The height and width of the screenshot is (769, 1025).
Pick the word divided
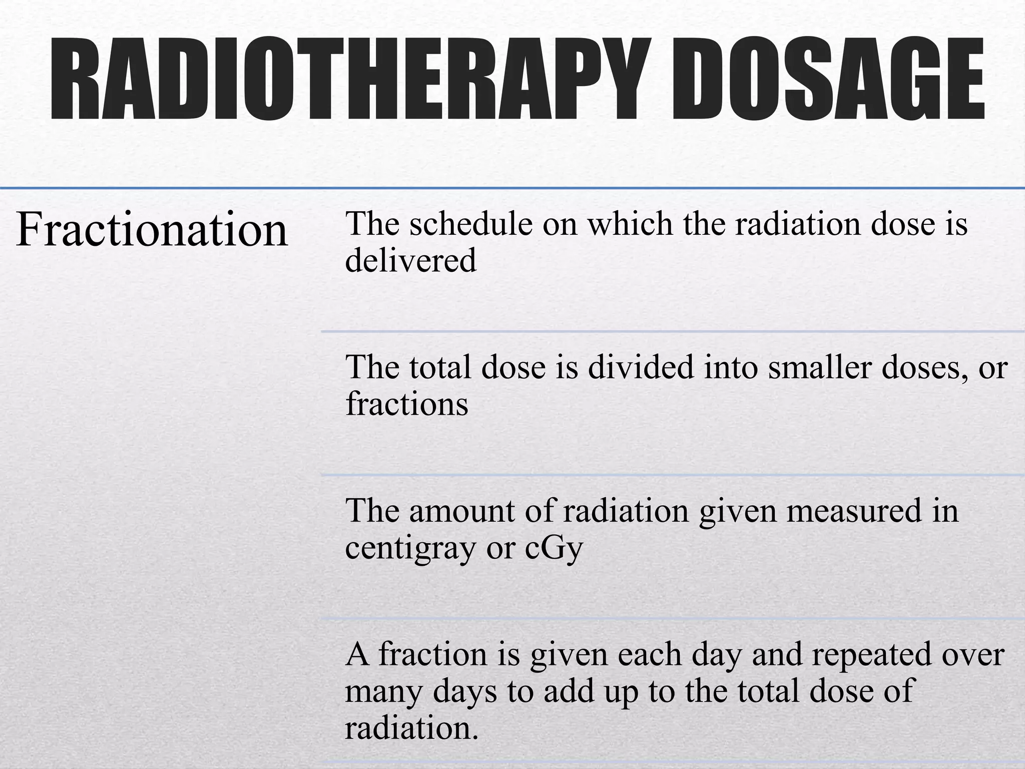tap(642, 367)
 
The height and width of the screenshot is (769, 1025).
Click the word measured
tap(854, 511)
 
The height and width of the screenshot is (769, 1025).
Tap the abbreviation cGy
tap(554, 548)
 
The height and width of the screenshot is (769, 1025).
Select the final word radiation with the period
tap(411, 728)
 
